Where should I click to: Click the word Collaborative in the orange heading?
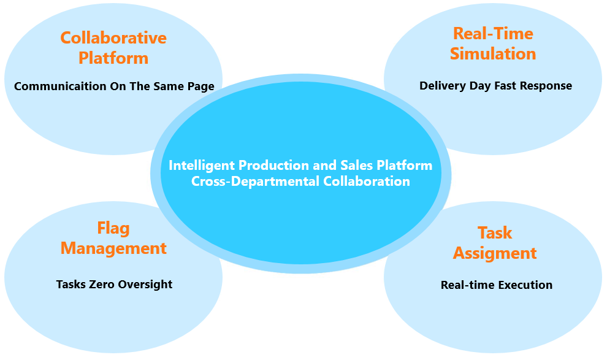(x=113, y=38)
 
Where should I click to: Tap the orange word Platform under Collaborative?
(x=113, y=58)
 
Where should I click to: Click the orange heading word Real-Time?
(x=493, y=33)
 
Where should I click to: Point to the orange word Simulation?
(x=493, y=54)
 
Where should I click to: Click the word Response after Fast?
(x=546, y=86)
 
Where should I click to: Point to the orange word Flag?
(x=113, y=229)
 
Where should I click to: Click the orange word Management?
(x=113, y=248)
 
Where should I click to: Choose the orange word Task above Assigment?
(x=495, y=233)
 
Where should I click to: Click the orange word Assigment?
(x=495, y=253)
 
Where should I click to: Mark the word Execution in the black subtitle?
(x=526, y=285)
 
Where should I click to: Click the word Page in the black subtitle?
(x=201, y=86)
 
